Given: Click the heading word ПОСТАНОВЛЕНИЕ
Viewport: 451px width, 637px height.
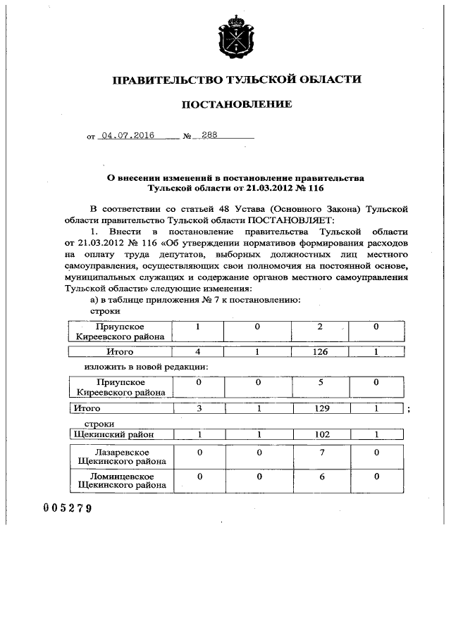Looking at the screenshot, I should coord(237,105).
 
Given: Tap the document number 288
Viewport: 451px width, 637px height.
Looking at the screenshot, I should coord(209,137).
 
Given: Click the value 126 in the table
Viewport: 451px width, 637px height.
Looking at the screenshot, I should coord(321,351).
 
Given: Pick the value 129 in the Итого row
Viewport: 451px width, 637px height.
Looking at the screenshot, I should coord(321,409).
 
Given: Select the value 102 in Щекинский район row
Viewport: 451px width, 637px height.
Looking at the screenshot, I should coord(321,435).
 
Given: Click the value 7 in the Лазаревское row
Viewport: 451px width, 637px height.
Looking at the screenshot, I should coord(321,451).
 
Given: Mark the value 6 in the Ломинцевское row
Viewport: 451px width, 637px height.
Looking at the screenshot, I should coord(321,477).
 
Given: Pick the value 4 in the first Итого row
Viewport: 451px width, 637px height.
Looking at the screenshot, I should coord(199,351).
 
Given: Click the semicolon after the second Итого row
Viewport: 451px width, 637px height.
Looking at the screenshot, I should coord(409,410).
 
